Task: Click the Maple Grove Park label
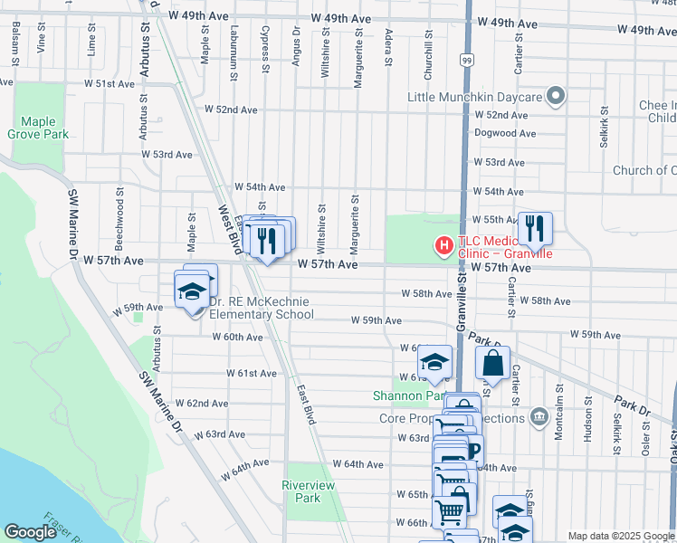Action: point(38,128)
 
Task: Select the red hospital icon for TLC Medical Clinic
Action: point(443,244)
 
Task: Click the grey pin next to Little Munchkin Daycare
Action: point(557,96)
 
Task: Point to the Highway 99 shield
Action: point(466,61)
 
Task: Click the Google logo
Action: point(30,532)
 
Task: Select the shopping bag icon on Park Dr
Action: point(492,364)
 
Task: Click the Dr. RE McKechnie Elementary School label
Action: point(261,308)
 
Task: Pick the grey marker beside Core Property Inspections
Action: point(539,416)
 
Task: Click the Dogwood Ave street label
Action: point(504,133)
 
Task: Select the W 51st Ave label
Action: point(115,84)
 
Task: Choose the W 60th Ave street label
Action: point(237,337)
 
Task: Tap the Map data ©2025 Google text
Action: point(620,536)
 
